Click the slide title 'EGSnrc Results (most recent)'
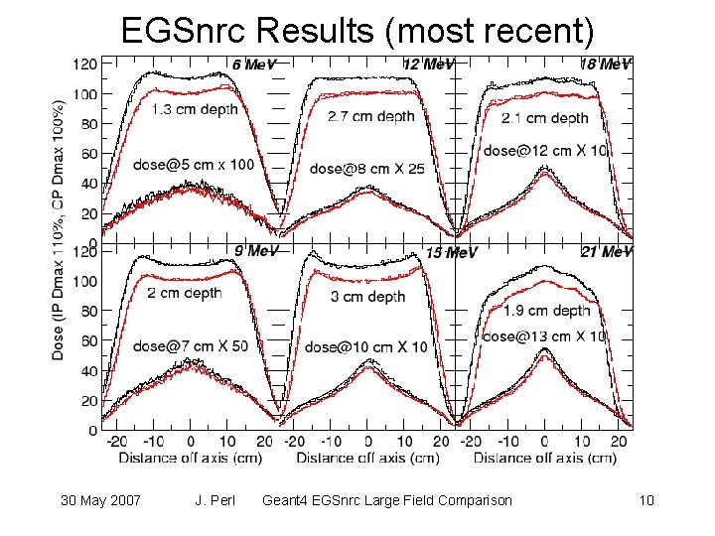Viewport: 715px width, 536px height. point(357,31)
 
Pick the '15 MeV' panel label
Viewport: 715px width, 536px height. point(451,253)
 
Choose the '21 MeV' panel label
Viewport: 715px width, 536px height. point(606,252)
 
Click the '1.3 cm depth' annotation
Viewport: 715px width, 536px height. point(196,109)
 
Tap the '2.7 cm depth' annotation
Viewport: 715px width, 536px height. point(370,116)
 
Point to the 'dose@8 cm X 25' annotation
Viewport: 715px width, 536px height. point(367,169)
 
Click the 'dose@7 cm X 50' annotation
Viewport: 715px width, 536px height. point(191,345)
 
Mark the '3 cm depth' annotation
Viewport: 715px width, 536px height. point(366,297)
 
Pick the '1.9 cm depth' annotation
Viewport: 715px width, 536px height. point(546,311)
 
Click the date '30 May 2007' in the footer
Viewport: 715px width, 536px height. point(98,500)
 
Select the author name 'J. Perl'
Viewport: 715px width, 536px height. point(215,500)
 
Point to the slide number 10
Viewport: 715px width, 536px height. point(647,500)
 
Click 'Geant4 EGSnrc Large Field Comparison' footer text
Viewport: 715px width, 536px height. point(386,500)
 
